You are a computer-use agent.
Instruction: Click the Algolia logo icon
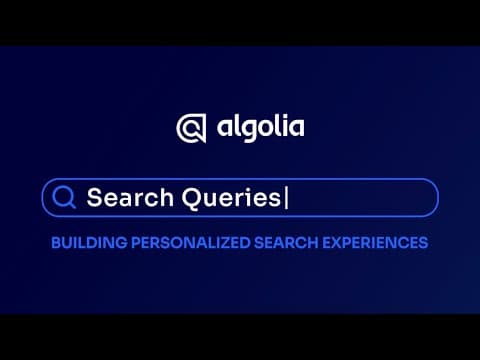point(191,128)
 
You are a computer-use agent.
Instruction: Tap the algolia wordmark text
point(261,128)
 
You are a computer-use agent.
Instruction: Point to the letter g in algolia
point(247,131)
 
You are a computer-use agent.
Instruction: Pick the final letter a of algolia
point(296,128)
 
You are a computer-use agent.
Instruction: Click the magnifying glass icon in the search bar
point(63,197)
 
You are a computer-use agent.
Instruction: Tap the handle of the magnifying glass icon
point(71,205)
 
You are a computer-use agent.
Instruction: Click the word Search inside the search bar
point(130,197)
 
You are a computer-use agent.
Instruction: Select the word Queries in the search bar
point(231,198)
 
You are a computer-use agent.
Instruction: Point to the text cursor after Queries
point(286,198)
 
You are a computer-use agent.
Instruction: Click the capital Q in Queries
point(191,198)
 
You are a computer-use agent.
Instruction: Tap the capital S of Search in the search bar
point(94,198)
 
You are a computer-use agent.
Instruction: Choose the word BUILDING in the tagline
point(89,243)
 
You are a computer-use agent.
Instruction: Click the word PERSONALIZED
point(191,243)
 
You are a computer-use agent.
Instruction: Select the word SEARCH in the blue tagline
point(286,243)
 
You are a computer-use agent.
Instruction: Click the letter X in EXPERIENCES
point(337,243)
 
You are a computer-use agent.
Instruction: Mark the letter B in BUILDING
point(56,243)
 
